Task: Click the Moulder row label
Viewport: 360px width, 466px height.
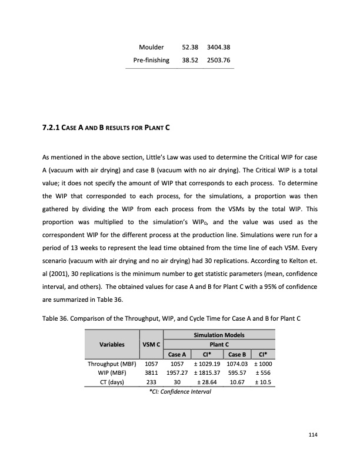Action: [151, 47]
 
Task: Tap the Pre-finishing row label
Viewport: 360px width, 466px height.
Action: [151, 60]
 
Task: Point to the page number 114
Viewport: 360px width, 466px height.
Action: [312, 435]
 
